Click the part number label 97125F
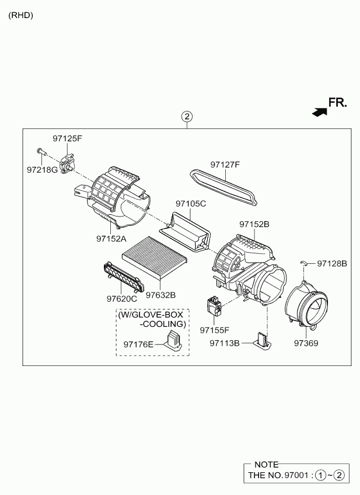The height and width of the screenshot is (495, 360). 67,138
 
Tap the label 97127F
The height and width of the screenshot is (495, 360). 225,165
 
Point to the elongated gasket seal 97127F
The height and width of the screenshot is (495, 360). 223,187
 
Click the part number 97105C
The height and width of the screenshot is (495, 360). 191,204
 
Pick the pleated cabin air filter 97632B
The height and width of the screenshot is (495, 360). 154,257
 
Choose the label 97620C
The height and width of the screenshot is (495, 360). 122,298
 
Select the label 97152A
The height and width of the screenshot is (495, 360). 111,239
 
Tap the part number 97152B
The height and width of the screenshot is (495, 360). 254,224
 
